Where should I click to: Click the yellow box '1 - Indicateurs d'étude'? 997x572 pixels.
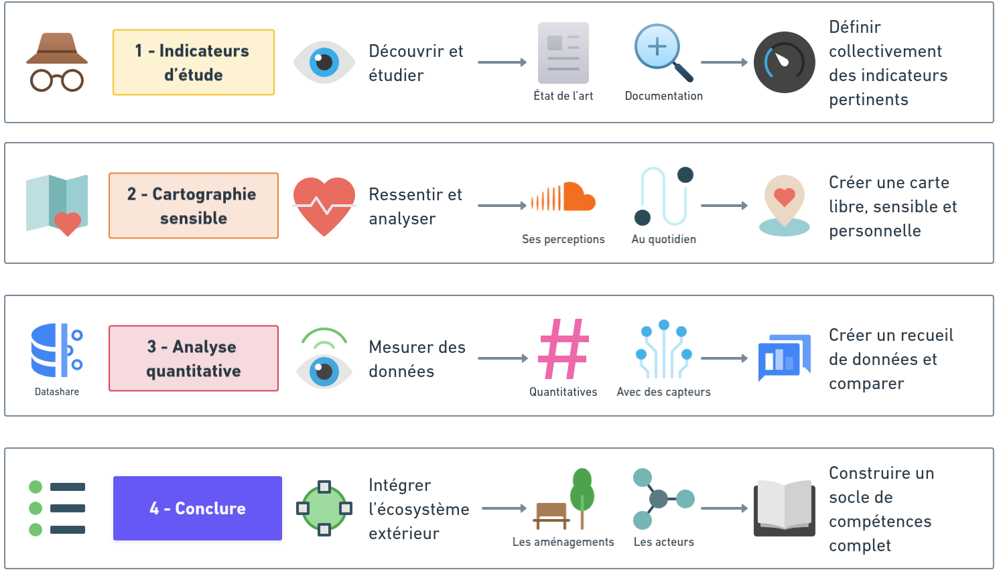pyautogui.click(x=194, y=62)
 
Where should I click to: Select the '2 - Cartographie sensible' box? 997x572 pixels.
pyautogui.click(x=194, y=206)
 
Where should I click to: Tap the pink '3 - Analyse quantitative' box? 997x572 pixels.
pyautogui.click(x=194, y=358)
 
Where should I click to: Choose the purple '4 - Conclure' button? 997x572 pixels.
pyautogui.click(x=198, y=508)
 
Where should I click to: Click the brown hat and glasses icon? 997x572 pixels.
pyautogui.click(x=57, y=62)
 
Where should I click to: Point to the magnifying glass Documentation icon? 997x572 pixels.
pyautogui.click(x=663, y=53)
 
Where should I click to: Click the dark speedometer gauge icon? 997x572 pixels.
pyautogui.click(x=784, y=62)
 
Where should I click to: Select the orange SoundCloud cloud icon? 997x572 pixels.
pyautogui.click(x=563, y=197)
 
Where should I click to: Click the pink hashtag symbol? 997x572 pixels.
pyautogui.click(x=563, y=349)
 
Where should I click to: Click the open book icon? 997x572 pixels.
pyautogui.click(x=785, y=508)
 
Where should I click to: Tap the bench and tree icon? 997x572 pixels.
pyautogui.click(x=564, y=500)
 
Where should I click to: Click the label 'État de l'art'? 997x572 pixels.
pyautogui.click(x=563, y=96)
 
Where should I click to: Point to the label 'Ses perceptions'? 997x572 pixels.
pyautogui.click(x=563, y=239)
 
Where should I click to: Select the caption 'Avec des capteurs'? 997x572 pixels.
pyautogui.click(x=663, y=392)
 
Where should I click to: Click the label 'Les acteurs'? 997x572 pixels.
pyautogui.click(x=663, y=542)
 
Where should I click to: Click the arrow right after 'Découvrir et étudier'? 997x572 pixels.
pyautogui.click(x=503, y=62)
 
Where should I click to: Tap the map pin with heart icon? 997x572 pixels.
pyautogui.click(x=785, y=204)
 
